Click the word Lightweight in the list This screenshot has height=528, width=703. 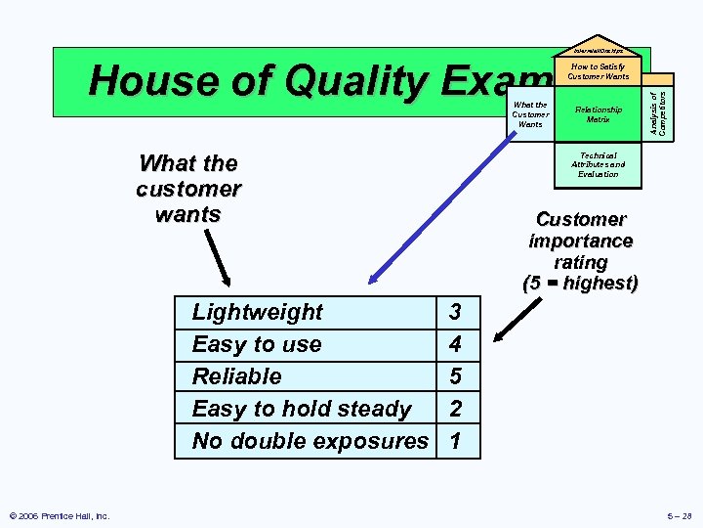[x=257, y=312]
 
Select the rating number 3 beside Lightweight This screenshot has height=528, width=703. [x=454, y=312]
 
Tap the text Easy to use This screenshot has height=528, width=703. [x=256, y=344]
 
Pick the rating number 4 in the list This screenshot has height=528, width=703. [x=454, y=344]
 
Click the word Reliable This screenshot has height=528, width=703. [x=236, y=376]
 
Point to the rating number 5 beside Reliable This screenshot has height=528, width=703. [x=454, y=376]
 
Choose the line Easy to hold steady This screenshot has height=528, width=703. [x=302, y=409]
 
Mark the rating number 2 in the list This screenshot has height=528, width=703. [x=454, y=409]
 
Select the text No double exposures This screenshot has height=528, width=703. [x=310, y=441]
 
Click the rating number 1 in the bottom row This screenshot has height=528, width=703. [x=454, y=441]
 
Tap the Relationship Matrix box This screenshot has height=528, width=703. [x=598, y=114]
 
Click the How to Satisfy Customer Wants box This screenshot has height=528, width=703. [x=598, y=71]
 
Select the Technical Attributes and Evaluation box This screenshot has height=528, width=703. [x=598, y=164]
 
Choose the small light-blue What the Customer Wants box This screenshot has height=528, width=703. [x=530, y=114]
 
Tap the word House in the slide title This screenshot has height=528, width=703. [x=146, y=81]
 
